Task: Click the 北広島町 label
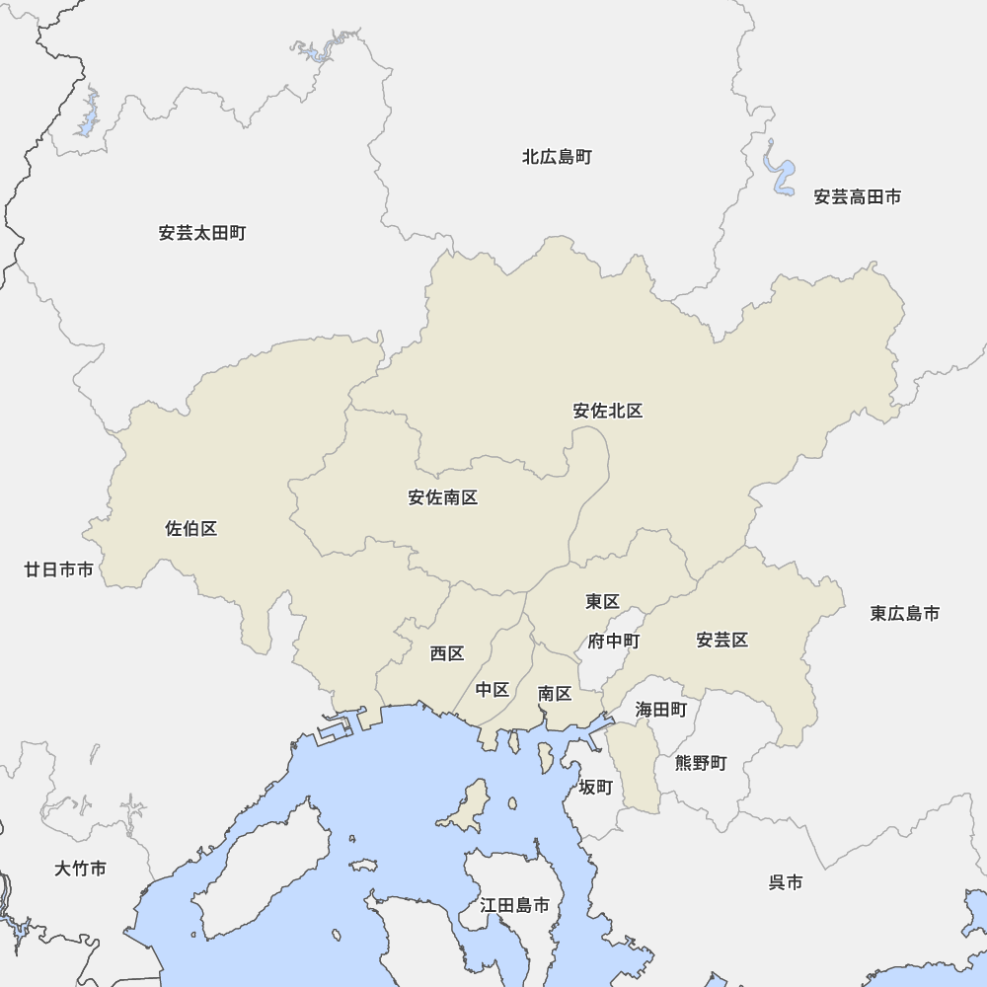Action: click(x=557, y=157)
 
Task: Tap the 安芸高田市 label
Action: click(x=857, y=197)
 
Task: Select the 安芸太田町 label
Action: click(x=201, y=234)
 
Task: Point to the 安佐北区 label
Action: click(x=608, y=412)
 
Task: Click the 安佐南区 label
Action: click(x=442, y=498)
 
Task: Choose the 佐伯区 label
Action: click(x=190, y=529)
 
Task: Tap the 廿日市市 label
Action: click(x=59, y=570)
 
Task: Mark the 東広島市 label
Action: click(x=904, y=614)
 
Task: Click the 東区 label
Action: click(x=601, y=602)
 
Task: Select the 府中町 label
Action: click(x=613, y=642)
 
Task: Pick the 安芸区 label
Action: click(x=721, y=641)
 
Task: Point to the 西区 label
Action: click(x=446, y=653)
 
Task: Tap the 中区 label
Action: click(x=492, y=690)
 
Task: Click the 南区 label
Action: click(x=555, y=694)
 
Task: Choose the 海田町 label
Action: click(x=660, y=709)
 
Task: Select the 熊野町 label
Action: click(x=700, y=763)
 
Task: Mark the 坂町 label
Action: click(x=595, y=787)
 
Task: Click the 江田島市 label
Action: click(x=514, y=905)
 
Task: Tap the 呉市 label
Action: click(x=785, y=882)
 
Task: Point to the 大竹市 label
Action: click(x=80, y=870)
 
